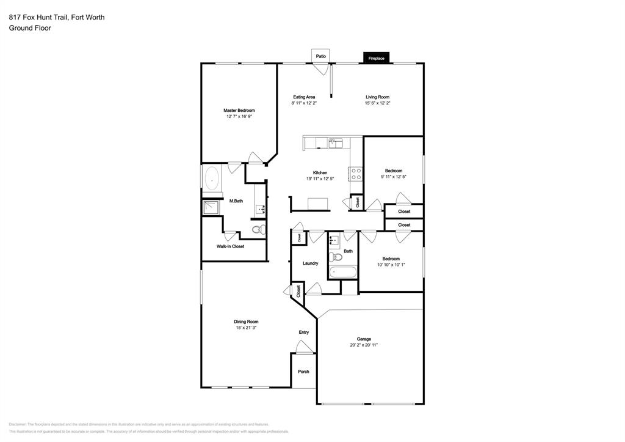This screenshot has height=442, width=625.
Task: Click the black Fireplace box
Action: click(376, 58)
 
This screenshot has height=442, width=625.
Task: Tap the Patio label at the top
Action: click(320, 56)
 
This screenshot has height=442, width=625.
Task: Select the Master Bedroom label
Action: click(239, 110)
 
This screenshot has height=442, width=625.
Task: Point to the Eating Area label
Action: click(304, 97)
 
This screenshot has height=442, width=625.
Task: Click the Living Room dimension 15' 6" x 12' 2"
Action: click(377, 103)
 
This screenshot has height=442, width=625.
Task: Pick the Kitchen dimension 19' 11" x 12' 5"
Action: click(320, 179)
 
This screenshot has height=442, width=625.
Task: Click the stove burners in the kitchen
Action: click(356, 174)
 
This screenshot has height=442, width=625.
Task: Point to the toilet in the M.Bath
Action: click(259, 230)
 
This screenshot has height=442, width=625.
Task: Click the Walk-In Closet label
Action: click(230, 246)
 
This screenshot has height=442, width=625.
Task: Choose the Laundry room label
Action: click(310, 263)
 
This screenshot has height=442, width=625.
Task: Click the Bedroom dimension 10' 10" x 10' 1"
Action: click(391, 265)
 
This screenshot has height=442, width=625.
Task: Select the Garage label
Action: click(364, 339)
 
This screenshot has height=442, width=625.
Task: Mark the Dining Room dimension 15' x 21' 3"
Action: click(246, 328)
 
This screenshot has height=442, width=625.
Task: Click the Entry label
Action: click(303, 332)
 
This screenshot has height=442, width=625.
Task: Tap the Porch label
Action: click(303, 372)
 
